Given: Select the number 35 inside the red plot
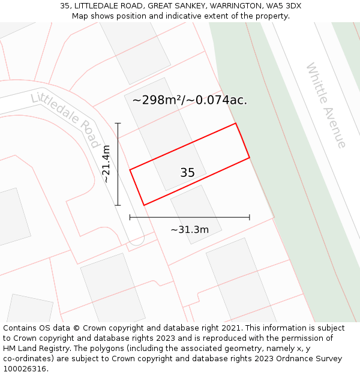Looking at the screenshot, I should [187, 173].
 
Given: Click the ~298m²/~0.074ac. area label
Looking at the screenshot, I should [190, 100].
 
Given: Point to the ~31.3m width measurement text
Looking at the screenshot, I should [190, 230].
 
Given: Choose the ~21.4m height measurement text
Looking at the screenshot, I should [106, 164].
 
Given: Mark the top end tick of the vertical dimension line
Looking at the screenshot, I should [118, 124].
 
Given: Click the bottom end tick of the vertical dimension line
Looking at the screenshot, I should [118, 205].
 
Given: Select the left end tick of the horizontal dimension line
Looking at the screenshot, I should [130, 217].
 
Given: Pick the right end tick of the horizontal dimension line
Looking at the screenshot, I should [250, 217].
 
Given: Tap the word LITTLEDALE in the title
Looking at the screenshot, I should [97, 6].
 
